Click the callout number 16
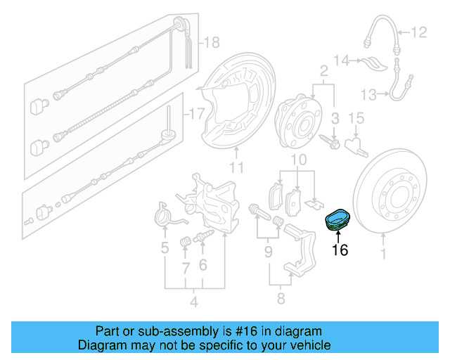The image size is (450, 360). (x=340, y=249)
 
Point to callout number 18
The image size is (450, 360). (x=212, y=43)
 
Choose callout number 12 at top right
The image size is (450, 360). (x=419, y=32)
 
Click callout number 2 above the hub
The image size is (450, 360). (x=324, y=70)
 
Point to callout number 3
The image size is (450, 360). (x=336, y=117)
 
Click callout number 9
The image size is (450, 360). (x=269, y=250)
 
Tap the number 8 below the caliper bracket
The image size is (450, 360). (x=280, y=299)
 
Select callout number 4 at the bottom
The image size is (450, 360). (x=194, y=303)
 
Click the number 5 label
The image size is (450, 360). (x=165, y=247)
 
